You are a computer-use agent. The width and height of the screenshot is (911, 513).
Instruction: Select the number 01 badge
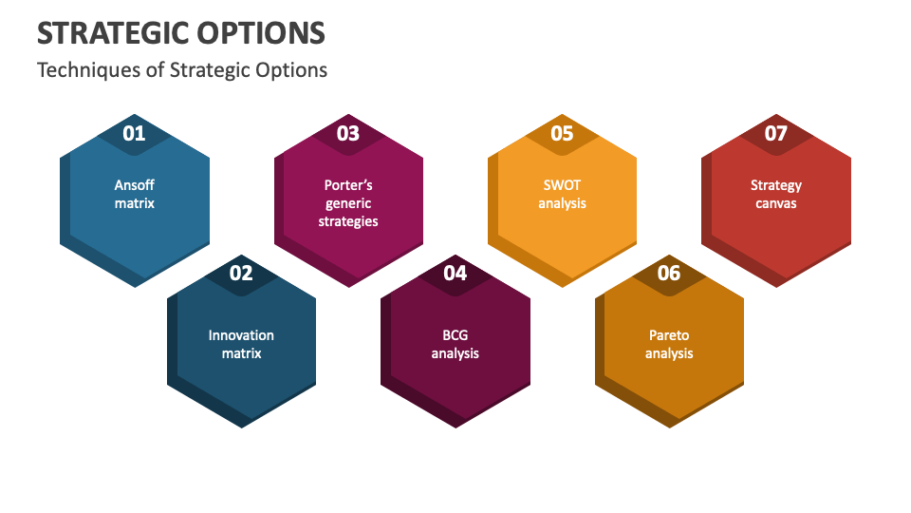135,133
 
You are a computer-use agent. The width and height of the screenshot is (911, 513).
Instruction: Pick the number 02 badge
241,274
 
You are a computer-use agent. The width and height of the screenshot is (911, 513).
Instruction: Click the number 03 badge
348,133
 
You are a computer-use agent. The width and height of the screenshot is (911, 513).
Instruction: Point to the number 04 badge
455,274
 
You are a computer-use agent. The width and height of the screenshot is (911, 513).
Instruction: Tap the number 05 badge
562,133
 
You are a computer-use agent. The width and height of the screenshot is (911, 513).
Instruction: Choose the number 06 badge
669,274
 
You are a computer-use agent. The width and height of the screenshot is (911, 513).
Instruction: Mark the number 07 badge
776,133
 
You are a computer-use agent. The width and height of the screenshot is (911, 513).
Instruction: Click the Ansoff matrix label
135,194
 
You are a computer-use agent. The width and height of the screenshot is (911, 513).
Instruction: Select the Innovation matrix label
241,344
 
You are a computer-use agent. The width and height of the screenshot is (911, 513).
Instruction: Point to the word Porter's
348,185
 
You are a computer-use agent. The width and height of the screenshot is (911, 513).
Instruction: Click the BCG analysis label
455,344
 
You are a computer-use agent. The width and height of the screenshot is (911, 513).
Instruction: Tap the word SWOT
562,185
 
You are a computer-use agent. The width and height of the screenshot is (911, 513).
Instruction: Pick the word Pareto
669,335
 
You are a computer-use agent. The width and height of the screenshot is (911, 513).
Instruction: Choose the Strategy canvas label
776,194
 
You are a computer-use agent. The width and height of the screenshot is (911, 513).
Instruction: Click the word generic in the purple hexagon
348,203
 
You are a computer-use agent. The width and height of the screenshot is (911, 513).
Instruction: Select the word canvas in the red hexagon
776,203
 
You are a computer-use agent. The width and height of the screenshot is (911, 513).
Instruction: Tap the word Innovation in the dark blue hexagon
241,335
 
